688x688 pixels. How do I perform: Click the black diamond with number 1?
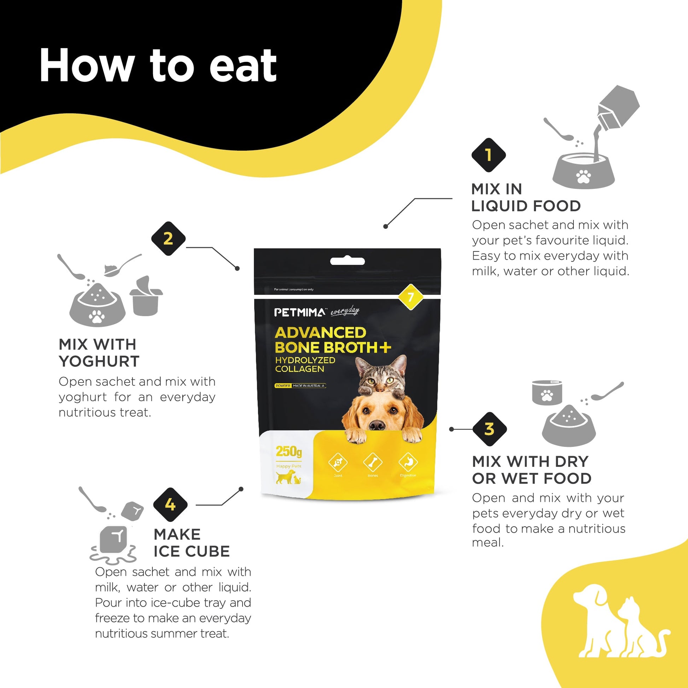click(x=488, y=155)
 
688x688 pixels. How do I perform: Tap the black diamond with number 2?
click(x=168, y=239)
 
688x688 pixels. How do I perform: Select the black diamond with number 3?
click(x=489, y=429)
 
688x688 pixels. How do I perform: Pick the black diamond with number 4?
click(x=170, y=505)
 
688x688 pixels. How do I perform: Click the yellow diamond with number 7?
click(x=410, y=297)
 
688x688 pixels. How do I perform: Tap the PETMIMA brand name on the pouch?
click(x=299, y=313)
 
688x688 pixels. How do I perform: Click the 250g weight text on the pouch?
click(x=289, y=451)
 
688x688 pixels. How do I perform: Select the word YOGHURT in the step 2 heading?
click(x=99, y=361)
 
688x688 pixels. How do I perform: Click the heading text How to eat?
click(x=158, y=66)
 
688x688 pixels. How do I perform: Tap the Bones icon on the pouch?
click(x=373, y=462)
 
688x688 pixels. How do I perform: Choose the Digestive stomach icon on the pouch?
click(x=408, y=462)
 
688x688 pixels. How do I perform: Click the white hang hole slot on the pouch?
click(x=347, y=261)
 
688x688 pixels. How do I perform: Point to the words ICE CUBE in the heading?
click(x=192, y=552)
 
